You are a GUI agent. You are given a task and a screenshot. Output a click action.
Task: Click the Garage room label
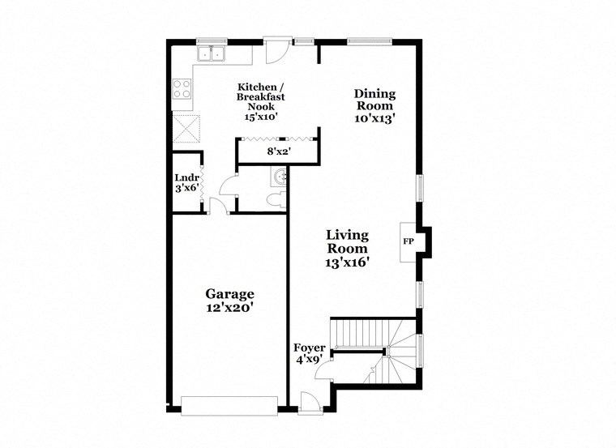(x=229, y=294)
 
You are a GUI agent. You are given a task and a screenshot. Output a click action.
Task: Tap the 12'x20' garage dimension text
(x=229, y=308)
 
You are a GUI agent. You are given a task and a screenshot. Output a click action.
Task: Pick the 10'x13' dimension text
(x=374, y=117)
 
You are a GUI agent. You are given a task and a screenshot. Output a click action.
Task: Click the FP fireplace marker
(x=409, y=241)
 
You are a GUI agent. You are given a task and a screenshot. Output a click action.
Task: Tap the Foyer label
(x=309, y=348)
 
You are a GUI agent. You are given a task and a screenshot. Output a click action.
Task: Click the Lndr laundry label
(x=186, y=178)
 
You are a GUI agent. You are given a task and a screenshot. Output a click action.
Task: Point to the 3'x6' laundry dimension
(x=186, y=189)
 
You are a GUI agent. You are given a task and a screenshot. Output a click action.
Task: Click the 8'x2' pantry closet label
(x=278, y=151)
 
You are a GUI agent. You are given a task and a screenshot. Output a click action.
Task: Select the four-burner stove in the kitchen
(x=182, y=87)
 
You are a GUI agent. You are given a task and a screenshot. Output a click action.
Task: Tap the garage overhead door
(x=229, y=404)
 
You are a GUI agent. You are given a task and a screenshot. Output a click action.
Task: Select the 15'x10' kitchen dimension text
(x=260, y=117)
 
